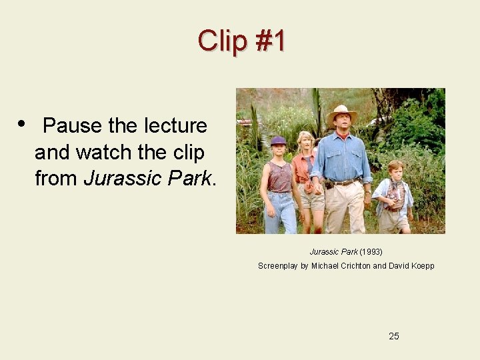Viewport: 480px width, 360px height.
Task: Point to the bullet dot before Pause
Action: pyautogui.click(x=22, y=123)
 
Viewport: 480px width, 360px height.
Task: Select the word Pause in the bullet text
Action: pyautogui.click(x=72, y=125)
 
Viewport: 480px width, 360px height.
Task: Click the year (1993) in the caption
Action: pyautogui.click(x=371, y=252)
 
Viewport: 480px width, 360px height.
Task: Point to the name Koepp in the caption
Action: pyautogui.click(x=422, y=266)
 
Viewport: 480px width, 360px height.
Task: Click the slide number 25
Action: pyautogui.click(x=394, y=336)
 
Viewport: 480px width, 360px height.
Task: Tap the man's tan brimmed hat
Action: pyautogui.click(x=342, y=113)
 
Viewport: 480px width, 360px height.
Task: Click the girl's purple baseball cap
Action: pyautogui.click(x=278, y=141)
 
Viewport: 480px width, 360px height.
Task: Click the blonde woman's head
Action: pyautogui.click(x=306, y=140)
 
